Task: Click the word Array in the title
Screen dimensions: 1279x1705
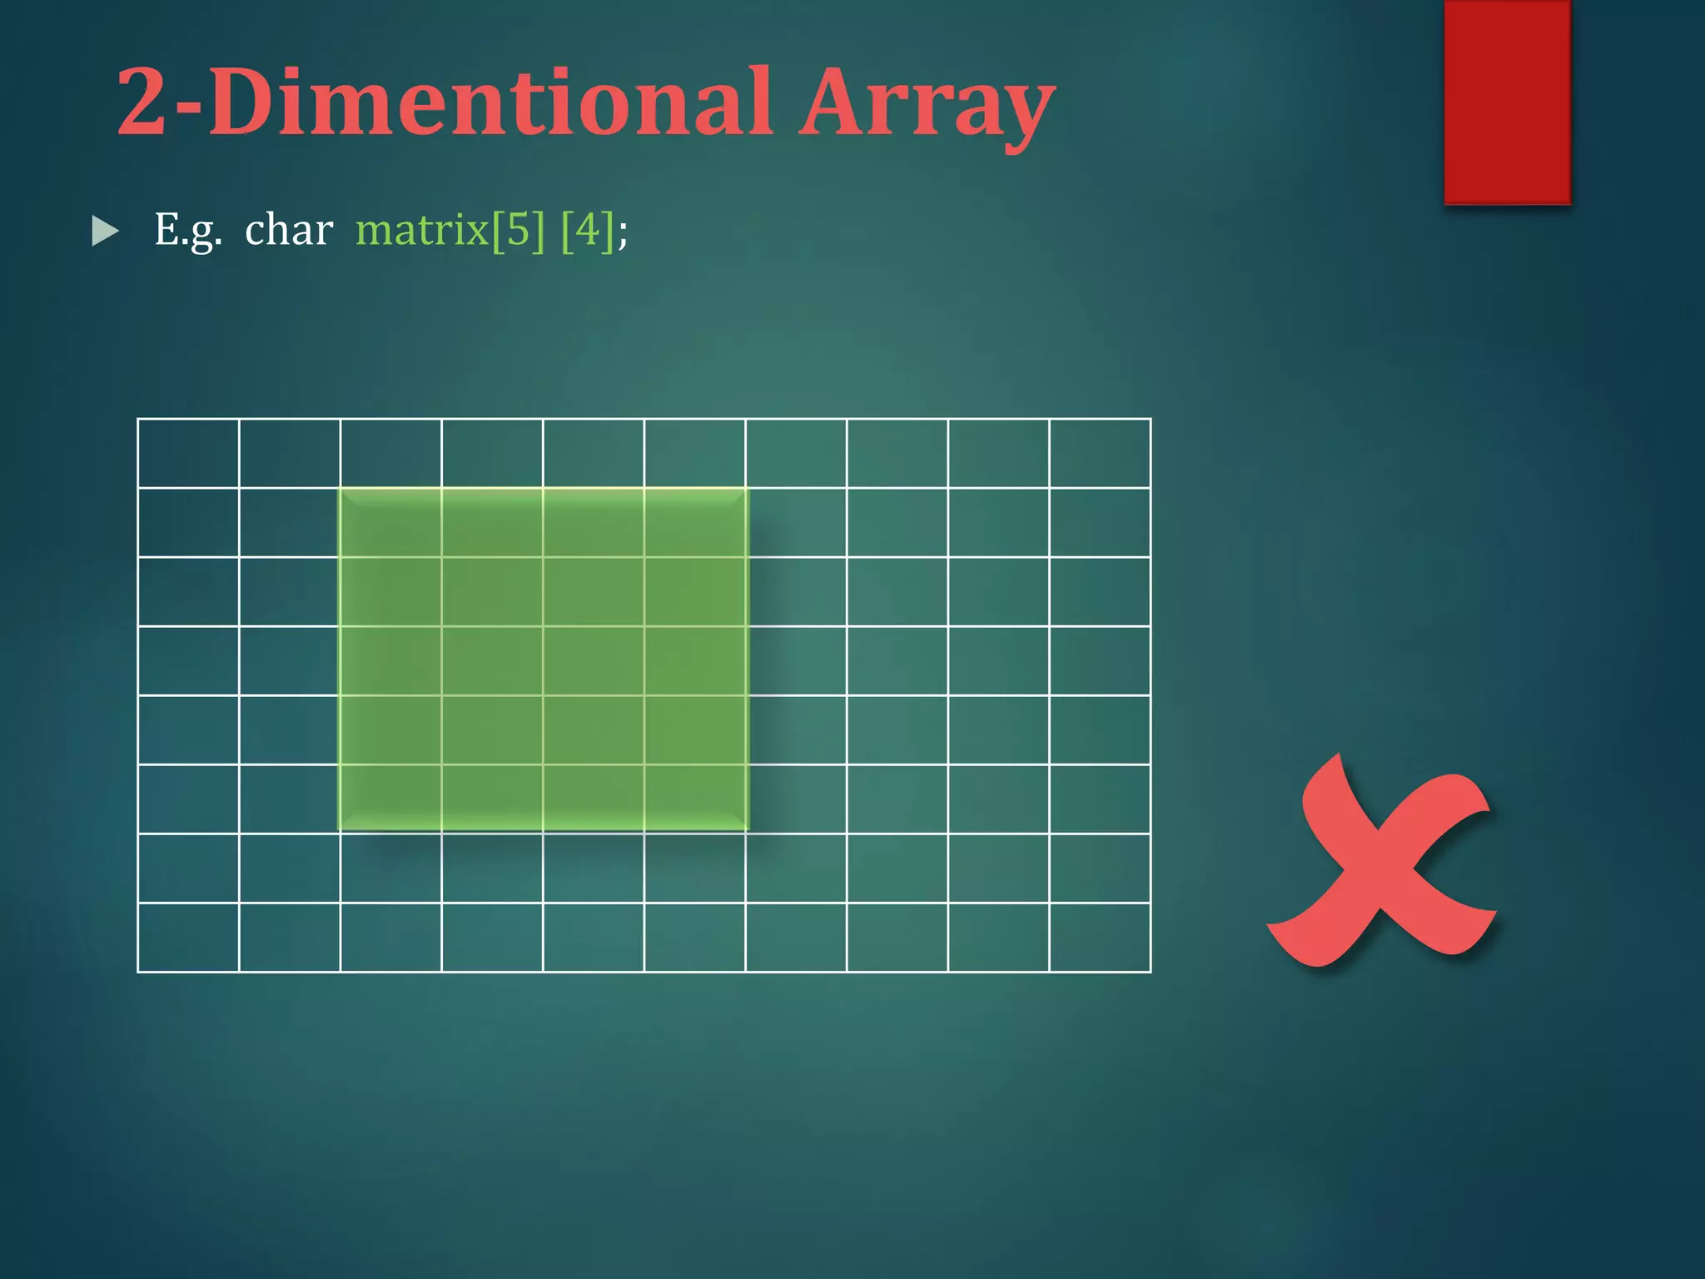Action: coord(926,104)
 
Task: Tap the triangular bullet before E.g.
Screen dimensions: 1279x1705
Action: coord(105,231)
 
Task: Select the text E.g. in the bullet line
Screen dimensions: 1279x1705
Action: coord(188,230)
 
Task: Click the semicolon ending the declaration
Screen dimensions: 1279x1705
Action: coord(623,233)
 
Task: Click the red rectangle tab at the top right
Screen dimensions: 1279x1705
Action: coord(1507,102)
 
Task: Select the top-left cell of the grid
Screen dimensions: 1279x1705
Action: coord(188,454)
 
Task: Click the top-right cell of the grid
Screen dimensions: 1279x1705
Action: coord(1100,454)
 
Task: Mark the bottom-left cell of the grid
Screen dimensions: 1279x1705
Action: coord(188,937)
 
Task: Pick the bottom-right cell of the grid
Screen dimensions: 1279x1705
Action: coord(1100,937)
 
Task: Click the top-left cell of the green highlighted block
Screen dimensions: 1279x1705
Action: coord(390,523)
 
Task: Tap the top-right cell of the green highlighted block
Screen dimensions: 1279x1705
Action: coord(694,523)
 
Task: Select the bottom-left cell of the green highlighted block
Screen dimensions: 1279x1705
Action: coord(390,799)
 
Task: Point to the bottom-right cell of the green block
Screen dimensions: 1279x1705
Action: coord(694,799)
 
